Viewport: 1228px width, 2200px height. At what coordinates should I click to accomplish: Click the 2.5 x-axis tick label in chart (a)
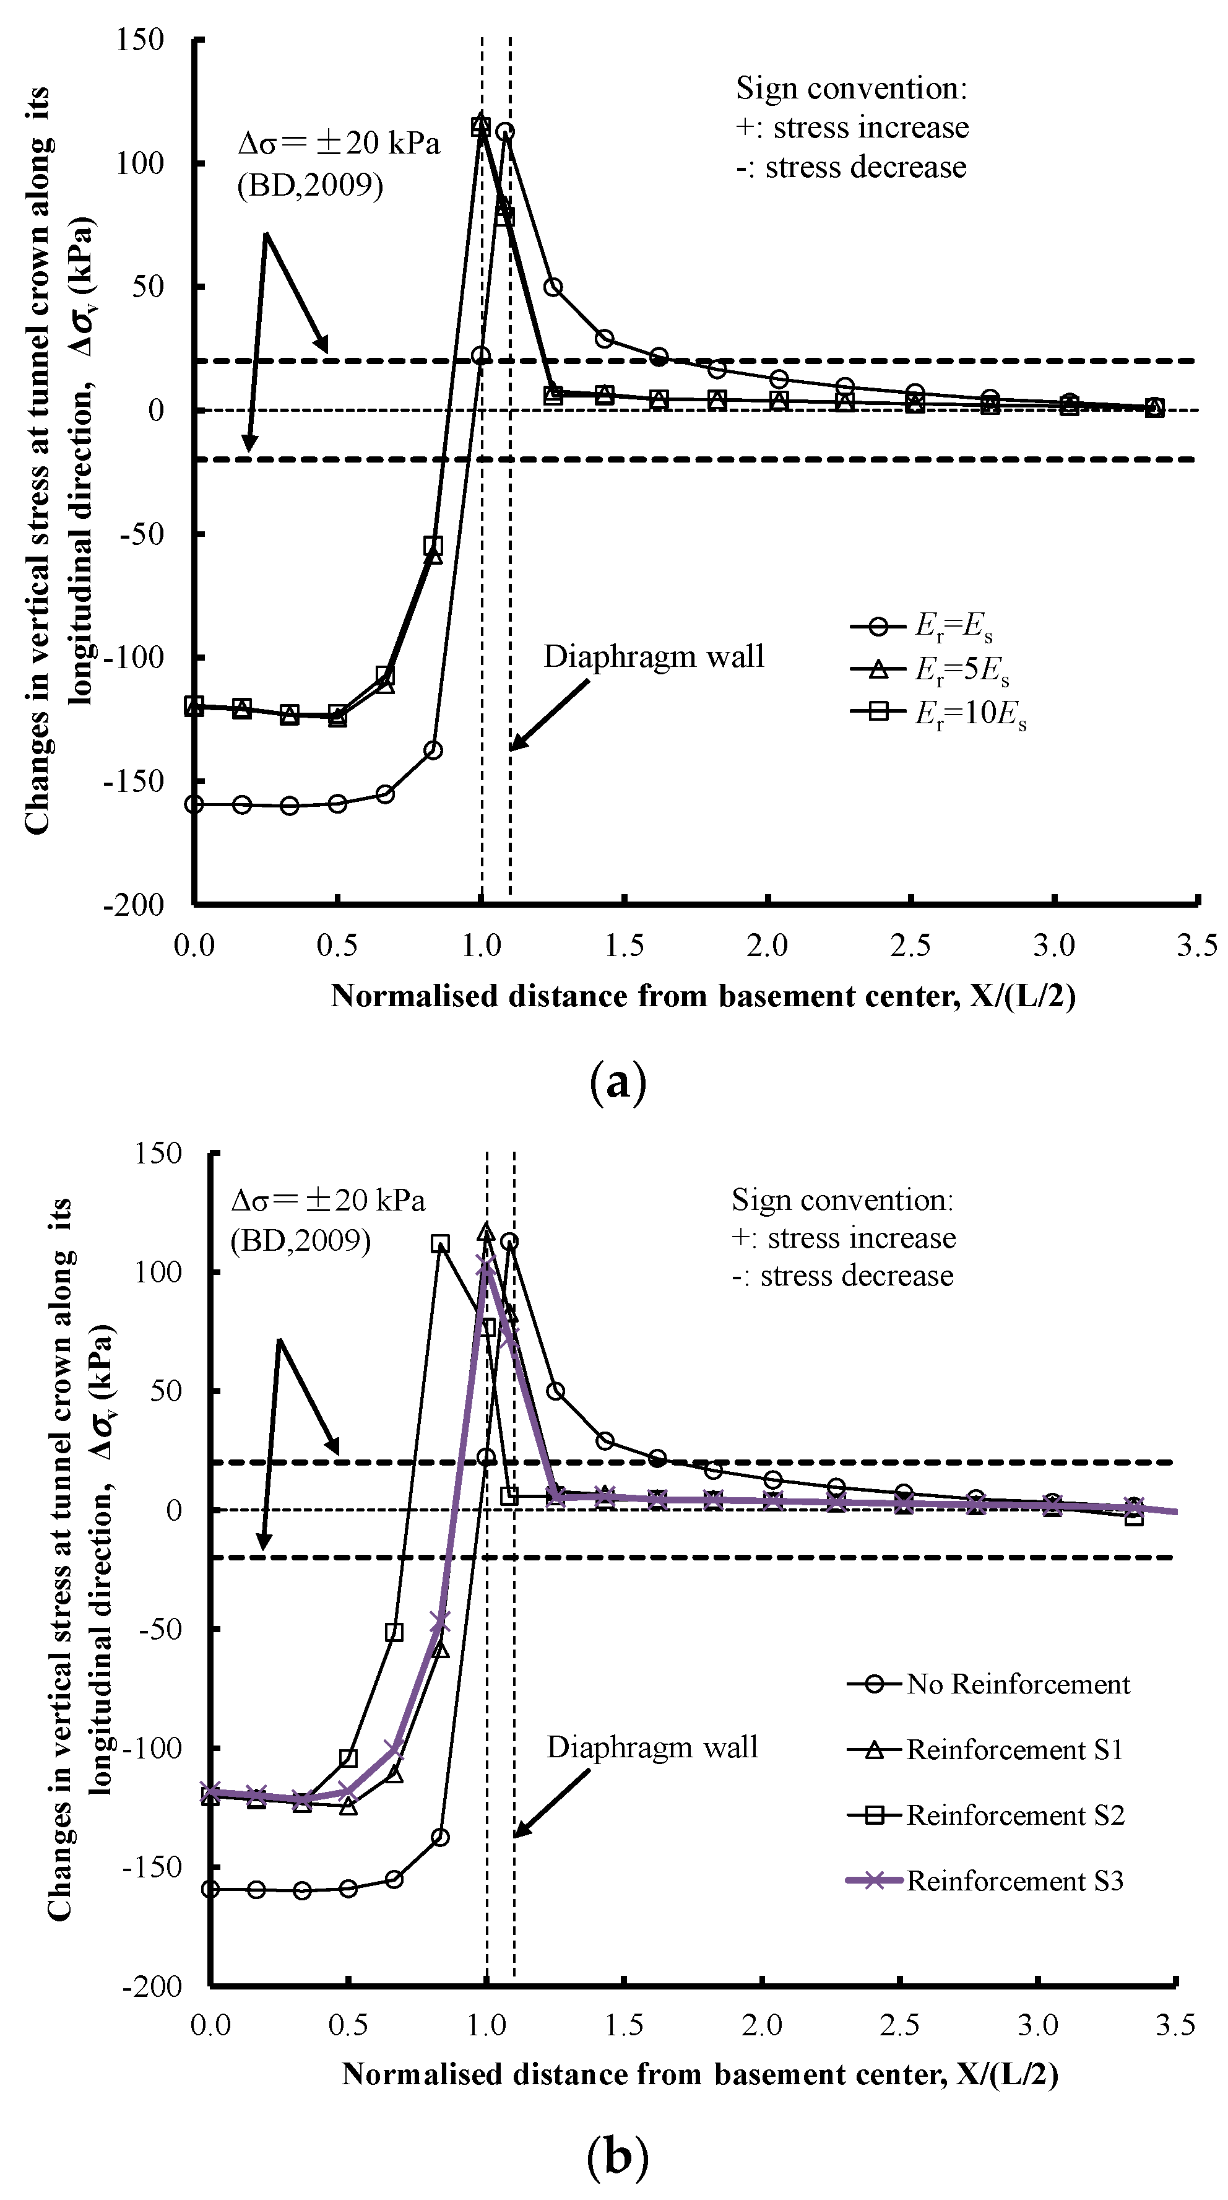[910, 946]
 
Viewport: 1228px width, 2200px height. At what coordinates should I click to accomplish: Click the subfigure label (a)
[618, 1083]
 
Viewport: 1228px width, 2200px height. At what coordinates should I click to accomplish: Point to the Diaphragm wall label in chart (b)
[652, 1747]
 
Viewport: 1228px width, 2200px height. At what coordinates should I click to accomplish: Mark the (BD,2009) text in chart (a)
[310, 185]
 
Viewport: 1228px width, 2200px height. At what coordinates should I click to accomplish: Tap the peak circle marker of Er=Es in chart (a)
[504, 131]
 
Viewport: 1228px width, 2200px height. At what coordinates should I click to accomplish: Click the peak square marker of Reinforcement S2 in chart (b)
[440, 1245]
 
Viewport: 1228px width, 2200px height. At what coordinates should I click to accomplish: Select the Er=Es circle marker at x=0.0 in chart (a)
[195, 804]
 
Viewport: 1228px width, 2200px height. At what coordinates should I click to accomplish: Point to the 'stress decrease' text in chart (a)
[865, 167]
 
